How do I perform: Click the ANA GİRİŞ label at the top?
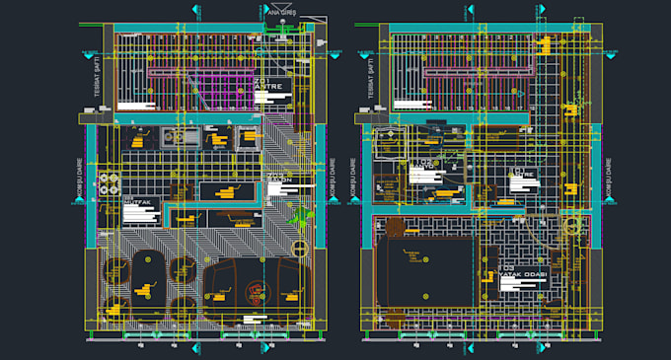pos(282,13)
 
